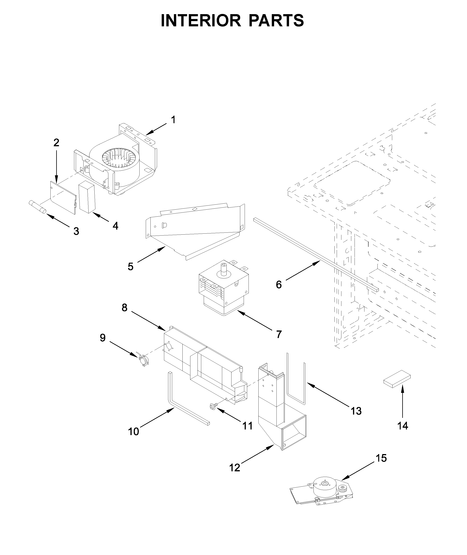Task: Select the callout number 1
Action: tap(173, 120)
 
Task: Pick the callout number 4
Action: tap(115, 226)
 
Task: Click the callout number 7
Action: tap(279, 334)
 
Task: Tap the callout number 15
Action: tap(381, 458)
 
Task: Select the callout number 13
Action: tap(356, 411)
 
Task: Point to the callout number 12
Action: tap(235, 468)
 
